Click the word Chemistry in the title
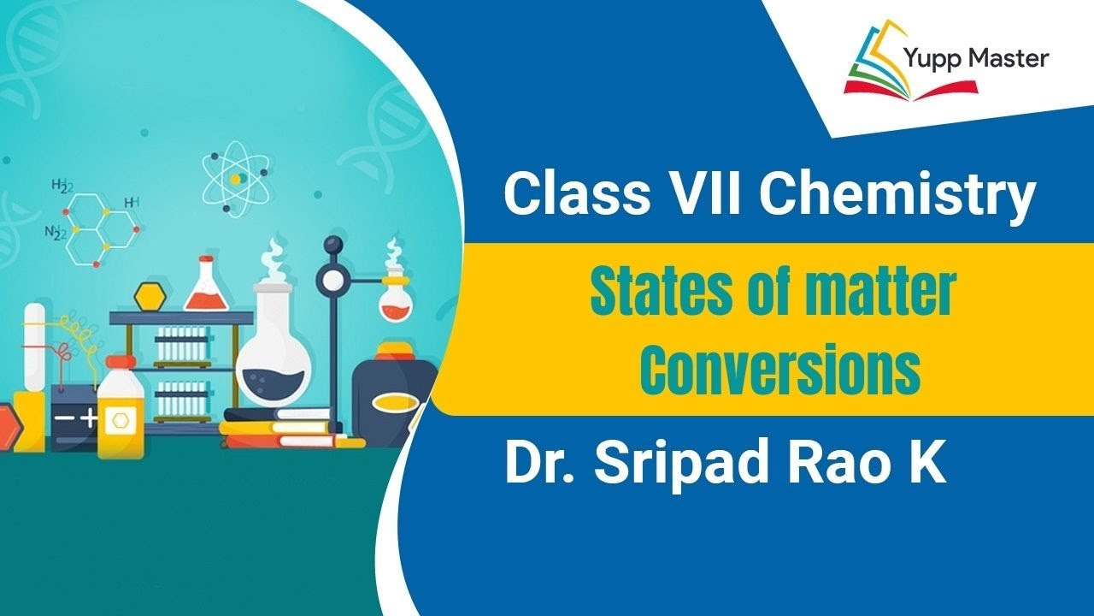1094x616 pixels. coord(897,195)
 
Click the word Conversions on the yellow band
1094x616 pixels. coord(780,370)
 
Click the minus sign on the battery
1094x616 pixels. coord(64,418)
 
